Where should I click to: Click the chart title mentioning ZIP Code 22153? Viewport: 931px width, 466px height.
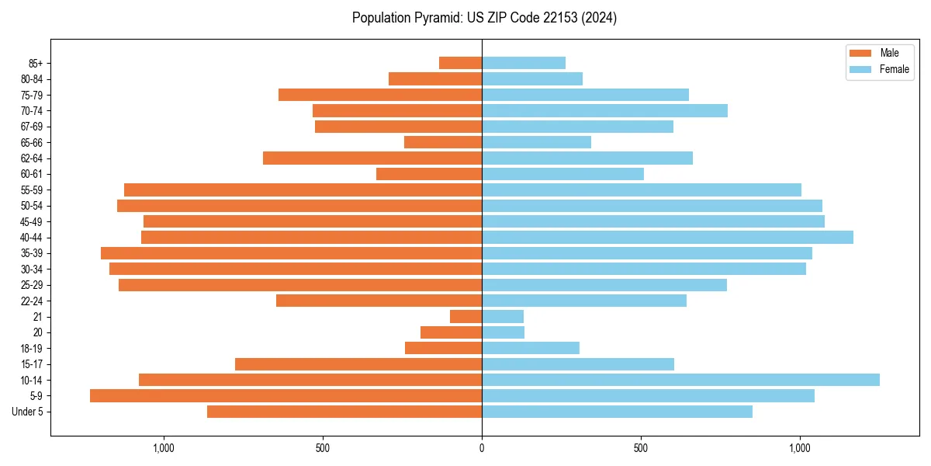click(484, 18)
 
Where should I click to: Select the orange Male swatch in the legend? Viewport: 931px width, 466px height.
click(860, 53)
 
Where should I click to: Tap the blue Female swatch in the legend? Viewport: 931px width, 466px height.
click(860, 69)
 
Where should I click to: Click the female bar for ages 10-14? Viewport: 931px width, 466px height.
click(680, 380)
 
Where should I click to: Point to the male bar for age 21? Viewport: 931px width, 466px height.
click(465, 317)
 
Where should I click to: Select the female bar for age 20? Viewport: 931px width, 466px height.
click(503, 332)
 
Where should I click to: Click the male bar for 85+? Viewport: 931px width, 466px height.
click(460, 63)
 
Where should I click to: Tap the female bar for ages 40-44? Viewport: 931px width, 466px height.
click(667, 238)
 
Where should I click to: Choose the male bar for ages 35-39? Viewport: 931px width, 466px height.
click(291, 253)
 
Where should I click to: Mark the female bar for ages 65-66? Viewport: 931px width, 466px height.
click(536, 142)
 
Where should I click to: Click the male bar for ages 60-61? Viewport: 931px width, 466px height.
click(429, 174)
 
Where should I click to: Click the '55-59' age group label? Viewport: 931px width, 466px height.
click(32, 190)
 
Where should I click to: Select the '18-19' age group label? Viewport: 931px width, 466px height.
click(32, 349)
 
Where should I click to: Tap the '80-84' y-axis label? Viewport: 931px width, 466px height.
click(32, 79)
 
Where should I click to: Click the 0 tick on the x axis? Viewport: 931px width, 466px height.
click(482, 448)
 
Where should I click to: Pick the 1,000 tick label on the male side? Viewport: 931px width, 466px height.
click(164, 448)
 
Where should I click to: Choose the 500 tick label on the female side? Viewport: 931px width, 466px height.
click(640, 448)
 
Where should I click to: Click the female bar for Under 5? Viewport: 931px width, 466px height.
click(617, 412)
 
